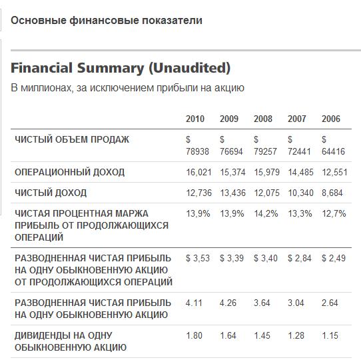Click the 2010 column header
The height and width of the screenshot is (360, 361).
pos(195,119)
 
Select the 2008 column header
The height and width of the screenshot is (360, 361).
pos(263,119)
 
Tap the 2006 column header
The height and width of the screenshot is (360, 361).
pos(331,119)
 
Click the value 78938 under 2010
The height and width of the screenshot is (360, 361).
pos(197,151)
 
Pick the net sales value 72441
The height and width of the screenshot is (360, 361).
pos(299,151)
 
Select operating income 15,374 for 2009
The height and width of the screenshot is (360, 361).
pos(232,172)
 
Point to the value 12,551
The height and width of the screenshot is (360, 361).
pos(334,172)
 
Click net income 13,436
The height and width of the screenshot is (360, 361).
pos(232,193)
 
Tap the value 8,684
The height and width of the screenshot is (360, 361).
pos(332,193)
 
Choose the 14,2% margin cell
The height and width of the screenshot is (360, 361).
pos(266,213)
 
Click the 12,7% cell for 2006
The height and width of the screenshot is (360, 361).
pos(334,213)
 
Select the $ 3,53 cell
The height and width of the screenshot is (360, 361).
pos(198,258)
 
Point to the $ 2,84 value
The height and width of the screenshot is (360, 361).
pos(300,258)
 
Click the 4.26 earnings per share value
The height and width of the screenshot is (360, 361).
pos(228,303)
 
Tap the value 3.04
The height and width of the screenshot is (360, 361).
pos(296,303)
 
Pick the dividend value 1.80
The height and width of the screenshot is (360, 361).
pos(194,335)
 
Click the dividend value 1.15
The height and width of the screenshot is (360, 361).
pos(330,335)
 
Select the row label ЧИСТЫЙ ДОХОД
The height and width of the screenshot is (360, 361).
pos(51,193)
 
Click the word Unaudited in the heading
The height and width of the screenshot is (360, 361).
pos(190,68)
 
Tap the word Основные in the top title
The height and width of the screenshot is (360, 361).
pos(39,20)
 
